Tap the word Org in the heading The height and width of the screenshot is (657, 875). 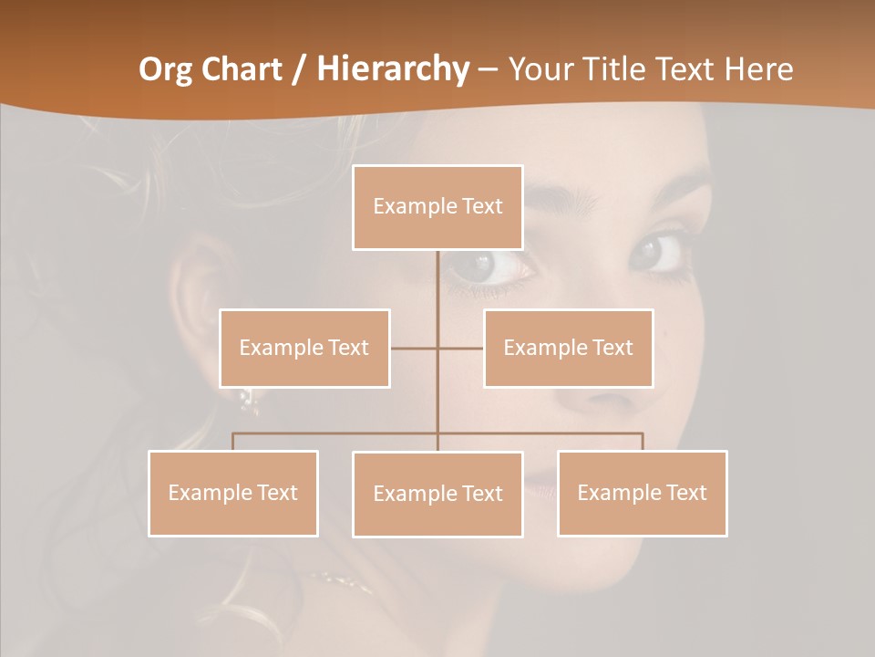click(x=167, y=69)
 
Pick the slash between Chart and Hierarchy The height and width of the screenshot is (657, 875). click(x=299, y=70)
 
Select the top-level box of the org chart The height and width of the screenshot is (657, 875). click(x=437, y=207)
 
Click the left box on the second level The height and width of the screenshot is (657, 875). click(x=304, y=348)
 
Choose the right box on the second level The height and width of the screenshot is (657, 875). click(x=568, y=348)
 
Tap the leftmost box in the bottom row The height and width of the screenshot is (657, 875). click(x=233, y=493)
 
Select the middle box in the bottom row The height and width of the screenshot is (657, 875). click(x=437, y=494)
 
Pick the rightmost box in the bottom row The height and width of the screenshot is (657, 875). click(x=642, y=493)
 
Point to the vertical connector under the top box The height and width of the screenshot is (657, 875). click(x=437, y=283)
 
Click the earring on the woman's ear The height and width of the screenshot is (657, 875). click(x=246, y=397)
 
